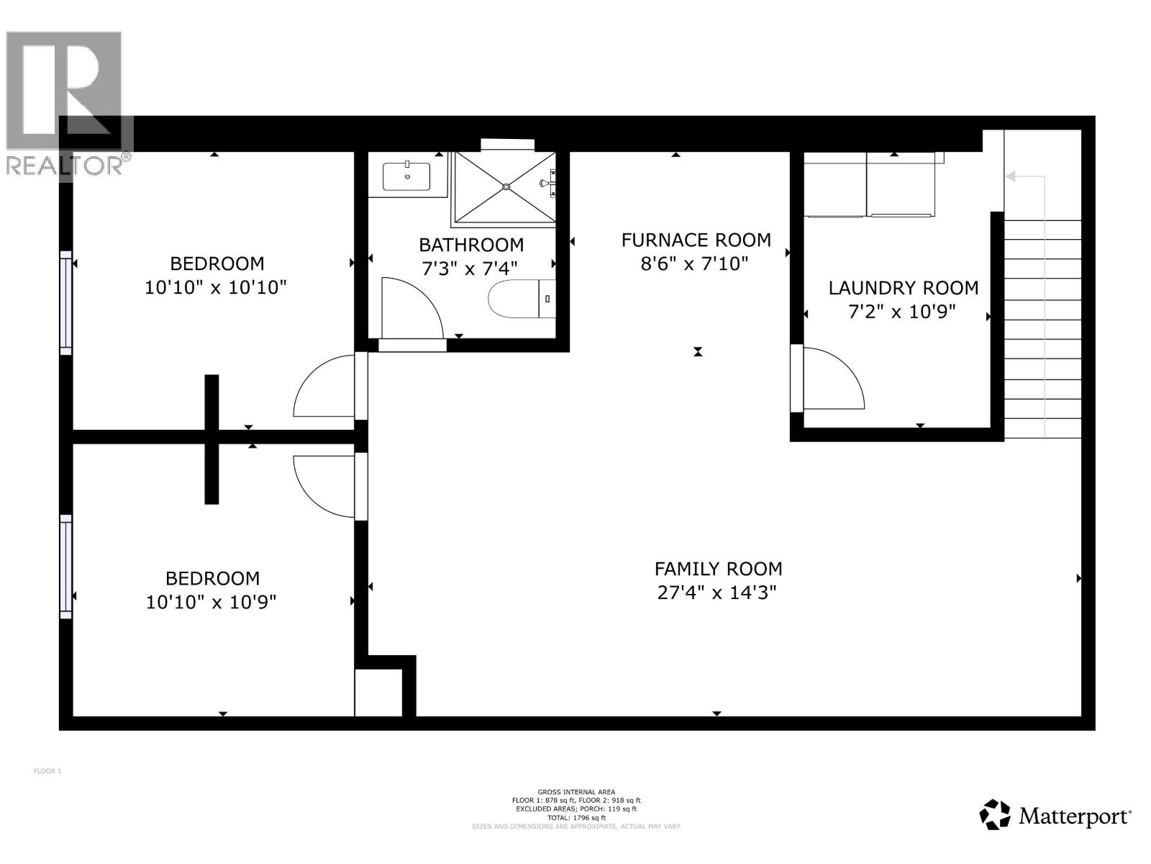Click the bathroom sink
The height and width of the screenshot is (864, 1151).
click(x=406, y=176)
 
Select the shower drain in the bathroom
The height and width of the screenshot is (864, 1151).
click(x=506, y=187)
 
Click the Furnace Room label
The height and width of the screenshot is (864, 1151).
click(x=696, y=240)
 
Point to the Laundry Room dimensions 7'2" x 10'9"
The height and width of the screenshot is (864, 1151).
click(x=904, y=312)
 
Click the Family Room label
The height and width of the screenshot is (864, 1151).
click(x=718, y=569)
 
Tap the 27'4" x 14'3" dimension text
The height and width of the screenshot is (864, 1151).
click(x=717, y=593)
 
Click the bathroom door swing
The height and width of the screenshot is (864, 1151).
click(x=410, y=308)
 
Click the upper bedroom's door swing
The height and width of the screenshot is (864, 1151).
click(x=324, y=387)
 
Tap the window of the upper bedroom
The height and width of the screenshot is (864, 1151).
click(x=66, y=302)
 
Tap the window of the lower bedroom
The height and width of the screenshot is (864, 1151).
click(x=66, y=567)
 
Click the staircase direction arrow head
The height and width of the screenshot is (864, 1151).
click(x=1011, y=176)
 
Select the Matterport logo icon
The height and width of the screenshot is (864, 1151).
click(x=996, y=815)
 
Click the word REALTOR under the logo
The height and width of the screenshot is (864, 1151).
click(x=65, y=166)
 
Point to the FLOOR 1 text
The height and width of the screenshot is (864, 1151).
click(x=47, y=771)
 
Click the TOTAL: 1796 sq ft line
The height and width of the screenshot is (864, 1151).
click(x=575, y=818)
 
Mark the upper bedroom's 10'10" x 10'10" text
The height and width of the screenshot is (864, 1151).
click(x=216, y=287)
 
